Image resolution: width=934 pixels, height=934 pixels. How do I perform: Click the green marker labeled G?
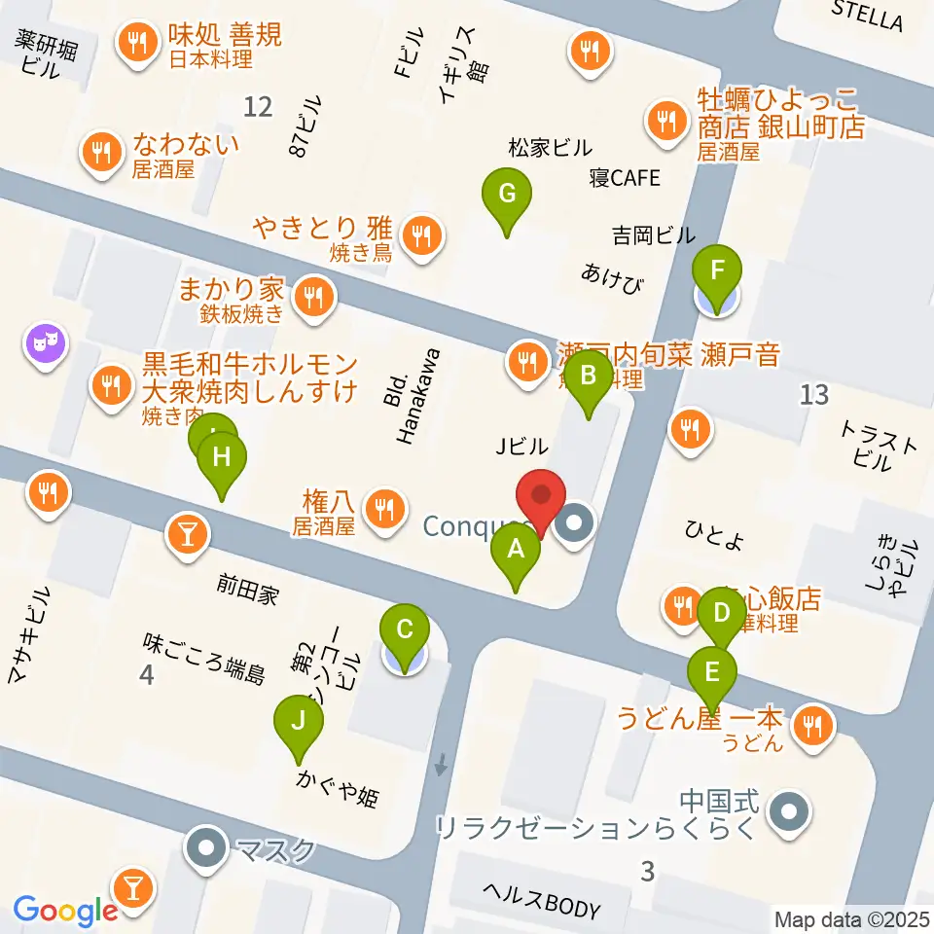pos(507,194)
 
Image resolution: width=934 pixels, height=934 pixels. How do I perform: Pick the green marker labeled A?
pos(517,550)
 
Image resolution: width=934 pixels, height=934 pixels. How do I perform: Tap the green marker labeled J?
pos(298,722)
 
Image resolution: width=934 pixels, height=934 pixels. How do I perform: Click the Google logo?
pos(65,910)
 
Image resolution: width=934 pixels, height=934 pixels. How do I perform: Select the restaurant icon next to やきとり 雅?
pos(421,233)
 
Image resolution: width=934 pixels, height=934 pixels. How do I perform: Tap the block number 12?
pos(258,106)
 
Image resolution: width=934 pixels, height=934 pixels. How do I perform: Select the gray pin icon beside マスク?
pos(207,849)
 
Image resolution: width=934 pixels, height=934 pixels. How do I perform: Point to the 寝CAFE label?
pos(624,178)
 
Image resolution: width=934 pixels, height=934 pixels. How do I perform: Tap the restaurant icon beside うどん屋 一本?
pos(809,723)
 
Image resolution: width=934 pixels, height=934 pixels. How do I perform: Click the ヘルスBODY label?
pos(543,904)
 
